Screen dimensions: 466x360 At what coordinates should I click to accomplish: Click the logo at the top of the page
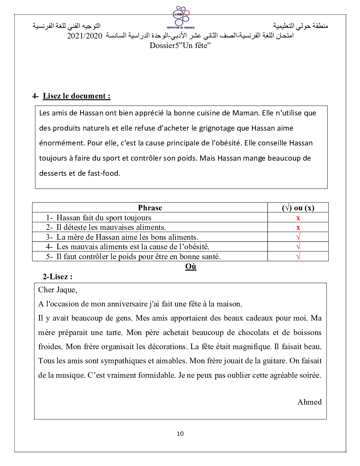point(181,17)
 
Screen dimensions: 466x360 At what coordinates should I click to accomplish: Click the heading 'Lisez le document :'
point(76,96)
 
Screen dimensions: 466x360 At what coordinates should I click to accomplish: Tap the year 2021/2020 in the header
point(85,36)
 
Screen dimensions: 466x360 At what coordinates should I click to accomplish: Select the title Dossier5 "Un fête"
point(180,46)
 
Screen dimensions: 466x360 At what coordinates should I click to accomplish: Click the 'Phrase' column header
point(150,208)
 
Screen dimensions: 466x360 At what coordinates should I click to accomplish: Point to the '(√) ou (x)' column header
point(298,208)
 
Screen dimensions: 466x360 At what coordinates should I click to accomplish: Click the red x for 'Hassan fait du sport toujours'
point(298,218)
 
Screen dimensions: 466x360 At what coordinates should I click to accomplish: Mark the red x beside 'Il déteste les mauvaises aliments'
point(298,227)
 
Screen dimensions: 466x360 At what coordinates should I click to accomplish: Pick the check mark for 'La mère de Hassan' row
point(298,237)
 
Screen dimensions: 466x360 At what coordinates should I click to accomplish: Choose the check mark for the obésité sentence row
point(298,246)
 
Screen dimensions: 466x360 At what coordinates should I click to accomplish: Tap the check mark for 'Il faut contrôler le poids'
point(298,256)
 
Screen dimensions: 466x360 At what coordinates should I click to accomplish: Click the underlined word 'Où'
point(191,267)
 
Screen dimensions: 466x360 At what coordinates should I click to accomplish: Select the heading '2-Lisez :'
point(58,277)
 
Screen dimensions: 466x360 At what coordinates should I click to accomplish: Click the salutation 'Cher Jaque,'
point(58,290)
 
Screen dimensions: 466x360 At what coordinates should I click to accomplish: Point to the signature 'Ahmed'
point(310,402)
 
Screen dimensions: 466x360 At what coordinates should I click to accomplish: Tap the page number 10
point(180,434)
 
